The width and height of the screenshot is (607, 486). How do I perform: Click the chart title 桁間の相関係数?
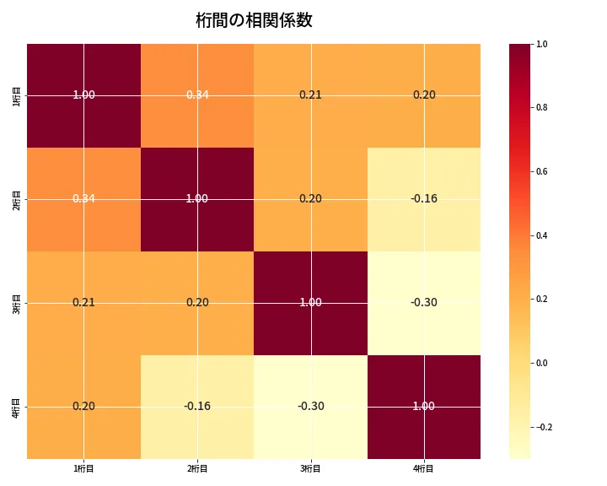click(x=254, y=20)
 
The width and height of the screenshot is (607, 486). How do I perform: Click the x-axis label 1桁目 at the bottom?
click(x=83, y=468)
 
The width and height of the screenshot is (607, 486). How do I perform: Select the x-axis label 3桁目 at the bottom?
click(x=310, y=468)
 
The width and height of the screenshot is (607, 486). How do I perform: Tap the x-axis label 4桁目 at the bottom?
click(x=423, y=468)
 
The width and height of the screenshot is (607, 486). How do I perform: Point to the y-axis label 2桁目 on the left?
click(x=18, y=199)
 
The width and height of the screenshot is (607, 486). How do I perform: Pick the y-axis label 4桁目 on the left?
click(x=18, y=407)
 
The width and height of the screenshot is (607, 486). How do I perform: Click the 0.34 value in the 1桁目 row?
click(x=197, y=94)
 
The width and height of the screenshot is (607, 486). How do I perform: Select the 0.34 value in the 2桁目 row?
click(x=83, y=198)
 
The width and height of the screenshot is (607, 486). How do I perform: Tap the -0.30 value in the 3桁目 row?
click(x=424, y=302)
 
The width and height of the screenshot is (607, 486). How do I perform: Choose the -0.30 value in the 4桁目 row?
click(x=310, y=406)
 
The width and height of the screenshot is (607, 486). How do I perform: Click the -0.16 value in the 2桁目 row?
click(x=424, y=198)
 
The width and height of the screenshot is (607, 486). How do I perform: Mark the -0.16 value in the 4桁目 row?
click(x=197, y=406)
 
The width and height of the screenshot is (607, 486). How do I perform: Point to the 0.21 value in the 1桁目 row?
click(x=310, y=94)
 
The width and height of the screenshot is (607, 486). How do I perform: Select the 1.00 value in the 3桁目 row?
click(x=310, y=302)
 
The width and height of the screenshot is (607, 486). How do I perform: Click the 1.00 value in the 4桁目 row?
click(x=424, y=406)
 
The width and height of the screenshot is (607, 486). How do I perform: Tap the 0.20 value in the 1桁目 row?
click(x=424, y=94)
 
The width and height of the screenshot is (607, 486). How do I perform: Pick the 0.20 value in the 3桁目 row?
click(x=197, y=302)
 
